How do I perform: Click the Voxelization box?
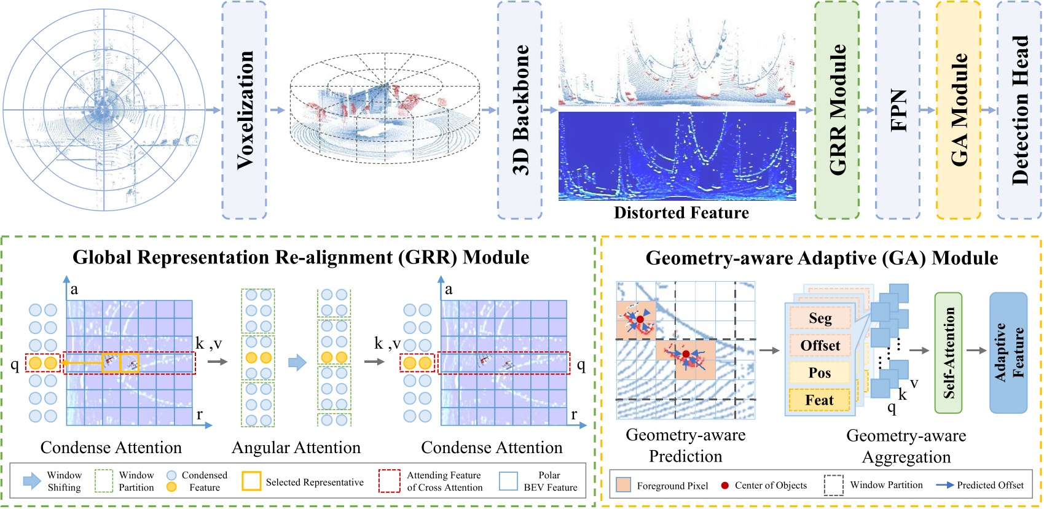pos(244,110)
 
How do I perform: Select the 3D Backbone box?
pos(520,110)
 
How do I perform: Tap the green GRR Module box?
pos(837,110)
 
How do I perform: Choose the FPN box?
pos(898,110)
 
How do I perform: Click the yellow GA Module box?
pos(959,110)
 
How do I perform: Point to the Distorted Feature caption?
pos(681,213)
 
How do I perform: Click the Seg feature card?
pos(820,318)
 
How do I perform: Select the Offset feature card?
pos(820,346)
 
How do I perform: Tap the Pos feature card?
pos(820,373)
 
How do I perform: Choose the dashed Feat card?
pos(820,400)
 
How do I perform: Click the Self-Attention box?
pos(948,353)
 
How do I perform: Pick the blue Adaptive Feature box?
pos(1008,353)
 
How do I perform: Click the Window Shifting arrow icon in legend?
pos(32,481)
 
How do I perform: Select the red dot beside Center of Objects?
pos(725,486)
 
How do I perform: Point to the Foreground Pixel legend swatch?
pos(623,485)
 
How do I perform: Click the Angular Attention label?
pos(296,448)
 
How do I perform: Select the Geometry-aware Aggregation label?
pos(906,446)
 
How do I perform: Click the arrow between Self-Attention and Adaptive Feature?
pos(976,351)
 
